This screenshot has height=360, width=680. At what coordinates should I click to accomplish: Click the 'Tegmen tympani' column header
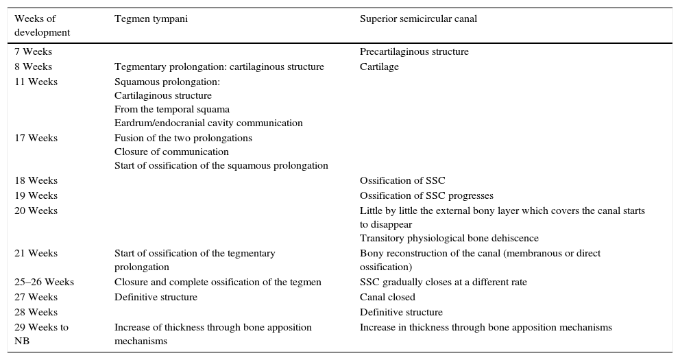pos(151,19)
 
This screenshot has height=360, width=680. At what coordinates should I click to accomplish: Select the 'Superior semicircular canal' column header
pos(418,19)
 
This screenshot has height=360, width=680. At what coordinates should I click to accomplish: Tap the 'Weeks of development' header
pos(42,25)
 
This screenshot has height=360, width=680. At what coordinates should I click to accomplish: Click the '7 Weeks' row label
pos(33,52)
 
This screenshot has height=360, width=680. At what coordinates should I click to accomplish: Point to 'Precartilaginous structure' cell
pos(414,52)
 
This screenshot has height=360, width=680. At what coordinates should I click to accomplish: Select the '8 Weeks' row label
pos(33,67)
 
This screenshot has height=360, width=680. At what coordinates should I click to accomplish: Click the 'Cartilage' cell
pos(379,67)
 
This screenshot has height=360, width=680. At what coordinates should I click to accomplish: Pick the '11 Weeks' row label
pos(36,82)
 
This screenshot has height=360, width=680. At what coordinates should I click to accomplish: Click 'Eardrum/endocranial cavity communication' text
pos(208,123)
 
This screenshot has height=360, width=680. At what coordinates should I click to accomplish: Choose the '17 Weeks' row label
pos(36,138)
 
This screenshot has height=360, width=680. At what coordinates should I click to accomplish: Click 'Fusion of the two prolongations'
pos(183,138)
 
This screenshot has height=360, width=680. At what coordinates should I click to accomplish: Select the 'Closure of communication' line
pos(171,152)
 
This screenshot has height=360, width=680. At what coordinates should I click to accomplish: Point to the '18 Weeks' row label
pos(36,181)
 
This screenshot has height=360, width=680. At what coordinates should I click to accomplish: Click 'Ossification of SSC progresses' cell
pos(426,196)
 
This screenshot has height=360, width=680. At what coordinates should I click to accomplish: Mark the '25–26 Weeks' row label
pos(44,283)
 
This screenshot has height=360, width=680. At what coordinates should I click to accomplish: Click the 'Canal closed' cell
pos(387,298)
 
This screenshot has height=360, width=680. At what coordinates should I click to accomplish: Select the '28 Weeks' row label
pos(36,313)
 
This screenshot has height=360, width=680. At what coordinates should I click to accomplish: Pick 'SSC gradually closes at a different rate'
pos(444,283)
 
